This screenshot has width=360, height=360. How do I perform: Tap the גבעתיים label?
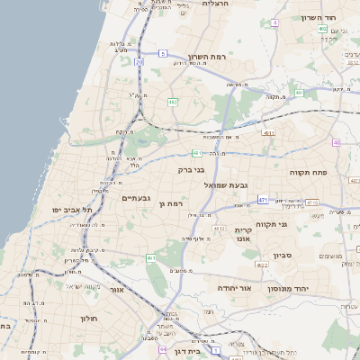(x=139, y=197)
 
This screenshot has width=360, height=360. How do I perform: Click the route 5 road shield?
(x=163, y=54)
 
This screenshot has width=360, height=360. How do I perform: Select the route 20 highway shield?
(x=139, y=62)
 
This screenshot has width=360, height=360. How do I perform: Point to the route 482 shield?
(x=171, y=103)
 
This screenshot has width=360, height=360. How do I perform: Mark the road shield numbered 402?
(x=321, y=29)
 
